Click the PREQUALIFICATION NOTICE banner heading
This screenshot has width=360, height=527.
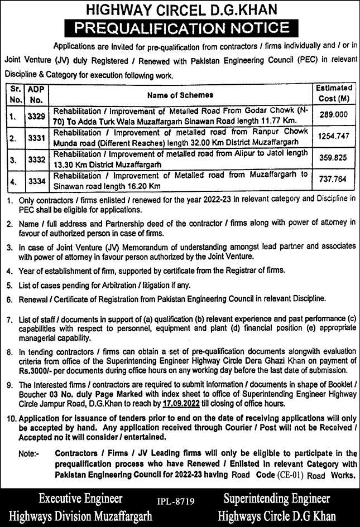[180, 27]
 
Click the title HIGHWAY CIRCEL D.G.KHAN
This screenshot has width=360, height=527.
[180, 9]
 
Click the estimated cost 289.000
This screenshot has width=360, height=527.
[334, 112]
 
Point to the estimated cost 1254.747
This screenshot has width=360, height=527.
[334, 135]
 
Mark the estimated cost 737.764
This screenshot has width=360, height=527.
[334, 180]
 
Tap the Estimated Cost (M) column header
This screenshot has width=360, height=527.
[334, 93]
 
